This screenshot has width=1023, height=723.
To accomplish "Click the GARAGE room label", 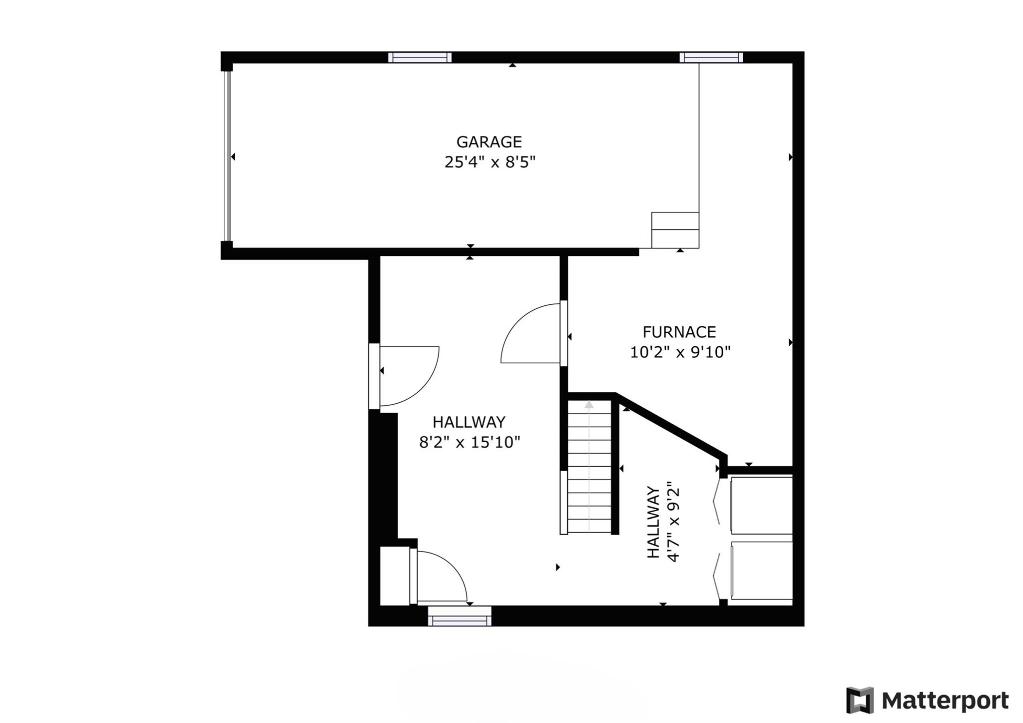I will (x=489, y=142).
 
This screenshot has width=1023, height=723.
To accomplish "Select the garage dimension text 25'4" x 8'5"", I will (x=490, y=162).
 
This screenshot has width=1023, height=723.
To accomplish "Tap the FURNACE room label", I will (x=679, y=332).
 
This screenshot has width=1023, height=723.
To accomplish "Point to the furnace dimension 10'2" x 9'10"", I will (x=680, y=352).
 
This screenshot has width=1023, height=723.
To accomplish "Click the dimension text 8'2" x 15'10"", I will (x=470, y=442).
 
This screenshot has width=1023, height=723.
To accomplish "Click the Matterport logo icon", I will (x=860, y=701).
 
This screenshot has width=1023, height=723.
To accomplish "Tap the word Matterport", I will (x=945, y=701).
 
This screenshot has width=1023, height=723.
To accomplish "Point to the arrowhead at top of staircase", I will (x=589, y=405).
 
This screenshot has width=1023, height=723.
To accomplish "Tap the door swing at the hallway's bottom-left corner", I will (x=441, y=577).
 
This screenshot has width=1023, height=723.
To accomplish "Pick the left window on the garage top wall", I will (x=420, y=57).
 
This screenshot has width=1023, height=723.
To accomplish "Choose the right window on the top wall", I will (x=711, y=57).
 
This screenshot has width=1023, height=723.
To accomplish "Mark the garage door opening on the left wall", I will (x=228, y=156).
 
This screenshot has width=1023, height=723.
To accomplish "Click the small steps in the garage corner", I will (x=675, y=230).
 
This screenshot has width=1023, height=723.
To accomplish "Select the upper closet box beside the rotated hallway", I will (x=761, y=505).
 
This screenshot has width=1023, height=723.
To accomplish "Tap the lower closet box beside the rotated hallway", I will (x=761, y=571).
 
